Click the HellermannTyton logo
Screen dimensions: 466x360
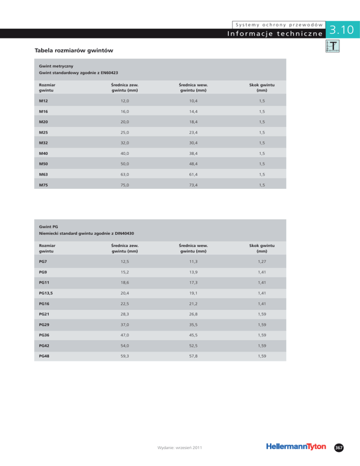tap(295, 447)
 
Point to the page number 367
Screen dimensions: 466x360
tap(339, 448)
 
